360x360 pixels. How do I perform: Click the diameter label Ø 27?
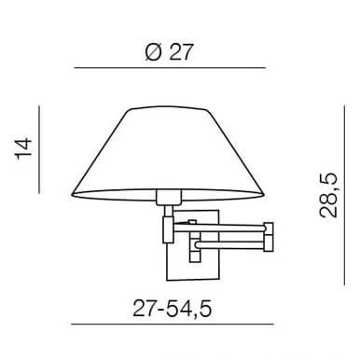click(x=170, y=53)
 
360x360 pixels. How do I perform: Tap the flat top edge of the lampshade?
click(x=170, y=108)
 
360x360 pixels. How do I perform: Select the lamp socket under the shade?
click(x=168, y=197)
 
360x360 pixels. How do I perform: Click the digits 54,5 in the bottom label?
click(x=191, y=307)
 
